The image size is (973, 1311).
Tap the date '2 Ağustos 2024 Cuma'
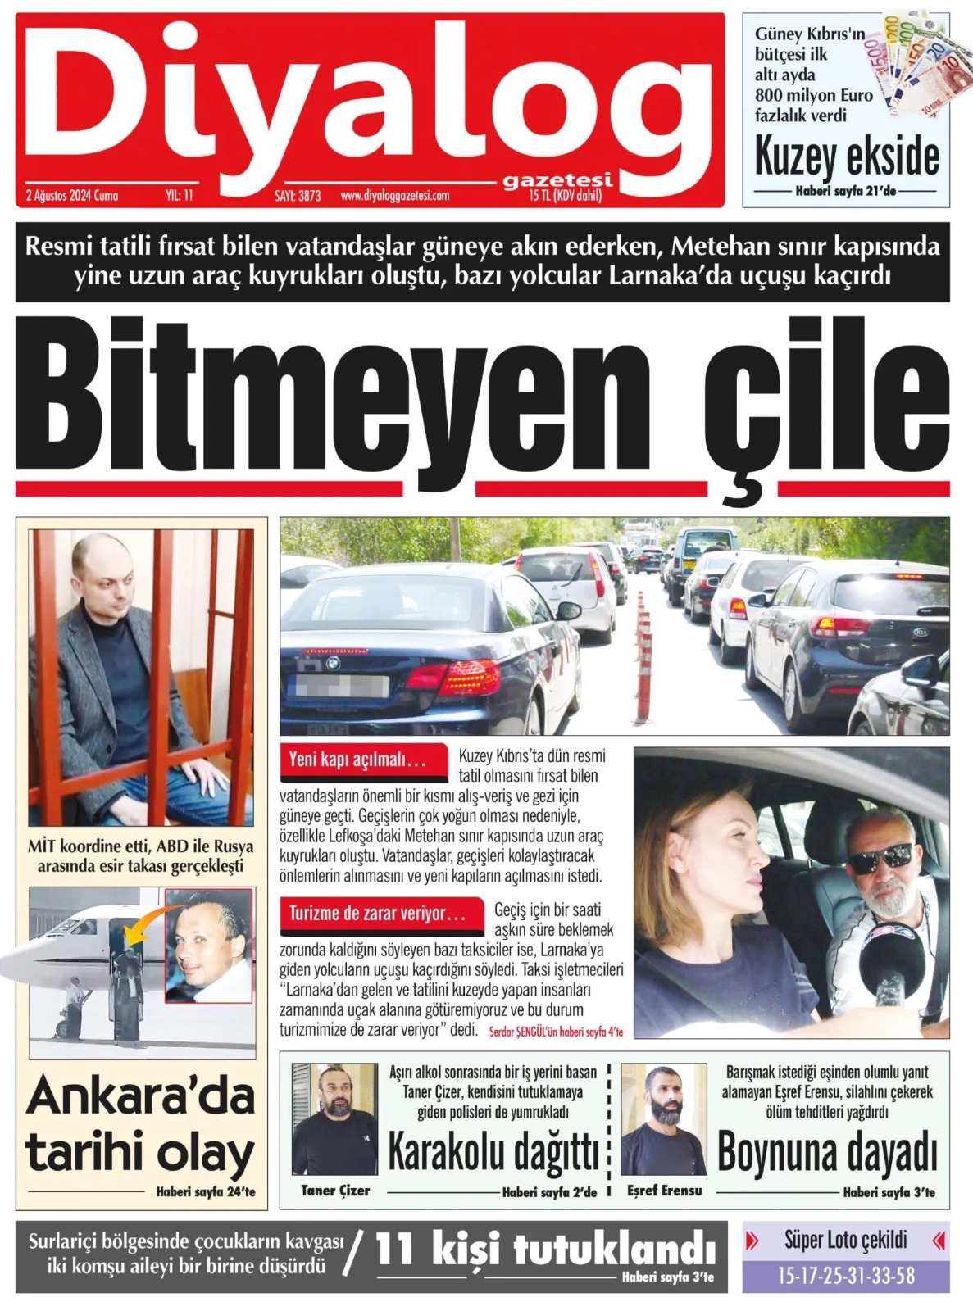pos(72,196)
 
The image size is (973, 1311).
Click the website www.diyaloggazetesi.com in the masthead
pos(395,196)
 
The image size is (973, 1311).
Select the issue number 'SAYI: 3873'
pos(298,196)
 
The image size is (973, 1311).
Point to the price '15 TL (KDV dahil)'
pos(566,196)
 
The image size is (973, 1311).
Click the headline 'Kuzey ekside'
pos(847,157)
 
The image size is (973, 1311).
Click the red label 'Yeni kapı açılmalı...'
pos(357,760)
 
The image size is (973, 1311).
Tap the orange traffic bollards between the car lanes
pos(644,655)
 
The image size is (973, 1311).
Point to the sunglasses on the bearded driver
pos(880,858)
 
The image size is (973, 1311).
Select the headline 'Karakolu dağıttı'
pos(493,1151)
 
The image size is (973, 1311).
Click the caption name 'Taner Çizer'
pos(335,1191)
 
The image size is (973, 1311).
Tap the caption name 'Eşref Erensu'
pos(664,1191)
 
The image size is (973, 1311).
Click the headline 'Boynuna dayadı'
pos(827,1151)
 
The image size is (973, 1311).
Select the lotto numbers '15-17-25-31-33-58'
pos(846,1275)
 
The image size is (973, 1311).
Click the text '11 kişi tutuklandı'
pos(545,1250)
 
